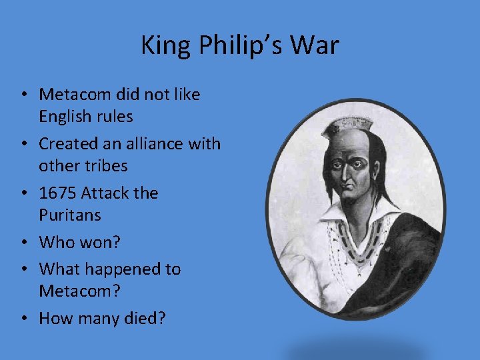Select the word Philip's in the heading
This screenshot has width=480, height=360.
235,46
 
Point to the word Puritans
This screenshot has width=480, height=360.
70,215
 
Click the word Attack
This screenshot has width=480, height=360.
109,193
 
